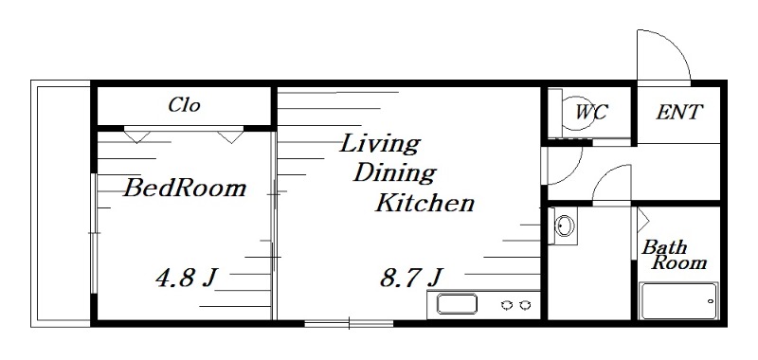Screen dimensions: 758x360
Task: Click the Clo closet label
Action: coord(184,105)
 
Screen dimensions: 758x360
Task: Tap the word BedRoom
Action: coord(185,188)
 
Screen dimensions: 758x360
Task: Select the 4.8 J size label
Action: coord(186,278)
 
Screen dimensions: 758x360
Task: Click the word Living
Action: coord(380,144)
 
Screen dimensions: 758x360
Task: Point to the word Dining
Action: coord(394,173)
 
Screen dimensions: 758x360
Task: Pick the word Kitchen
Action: coord(424,203)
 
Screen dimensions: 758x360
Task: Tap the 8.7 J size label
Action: coord(411,278)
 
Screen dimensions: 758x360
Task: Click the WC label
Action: coord(591,112)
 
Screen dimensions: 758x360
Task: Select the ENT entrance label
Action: coord(678,112)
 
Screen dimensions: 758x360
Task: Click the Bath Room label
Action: coord(674,255)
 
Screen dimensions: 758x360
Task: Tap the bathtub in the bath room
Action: coord(678,300)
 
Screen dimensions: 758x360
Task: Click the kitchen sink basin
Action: coord(457,304)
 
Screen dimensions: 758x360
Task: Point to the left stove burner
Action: coord(507,305)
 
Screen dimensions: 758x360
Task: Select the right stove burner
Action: coord(525,305)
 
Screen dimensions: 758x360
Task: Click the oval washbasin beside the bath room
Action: coord(564,225)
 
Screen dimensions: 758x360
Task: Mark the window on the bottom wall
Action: coord(349,323)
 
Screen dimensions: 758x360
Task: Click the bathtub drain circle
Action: coord(710,301)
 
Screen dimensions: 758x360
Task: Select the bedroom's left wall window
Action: coord(94,233)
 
